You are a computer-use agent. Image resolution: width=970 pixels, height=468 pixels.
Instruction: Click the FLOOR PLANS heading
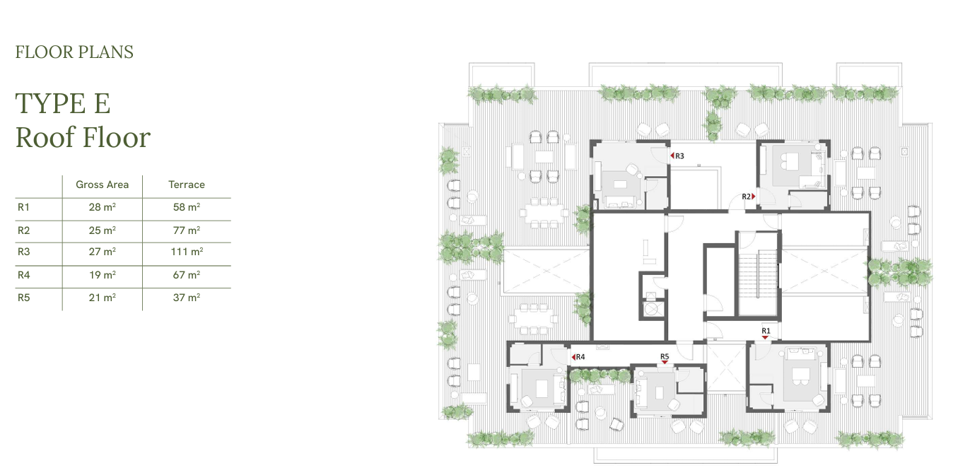pyautogui.click(x=74, y=52)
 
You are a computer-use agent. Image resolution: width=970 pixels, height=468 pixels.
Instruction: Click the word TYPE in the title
pyautogui.click(x=50, y=103)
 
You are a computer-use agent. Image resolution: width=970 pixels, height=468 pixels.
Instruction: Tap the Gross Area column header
pyautogui.click(x=103, y=185)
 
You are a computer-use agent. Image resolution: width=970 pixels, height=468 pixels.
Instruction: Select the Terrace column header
pyautogui.click(x=187, y=185)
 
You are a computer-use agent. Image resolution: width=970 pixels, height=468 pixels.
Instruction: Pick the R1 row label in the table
pyautogui.click(x=23, y=207)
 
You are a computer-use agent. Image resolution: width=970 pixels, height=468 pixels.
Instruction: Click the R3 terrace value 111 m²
pyautogui.click(x=187, y=252)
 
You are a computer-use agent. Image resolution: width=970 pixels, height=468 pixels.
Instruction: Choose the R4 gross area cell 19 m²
pyautogui.click(x=103, y=275)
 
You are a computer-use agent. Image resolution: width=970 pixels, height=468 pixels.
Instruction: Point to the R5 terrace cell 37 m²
pyautogui.click(x=187, y=298)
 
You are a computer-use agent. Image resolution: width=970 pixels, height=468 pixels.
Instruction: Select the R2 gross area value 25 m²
pyautogui.click(x=103, y=230)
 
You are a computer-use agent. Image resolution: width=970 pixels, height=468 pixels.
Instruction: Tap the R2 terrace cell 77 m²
pyautogui.click(x=187, y=230)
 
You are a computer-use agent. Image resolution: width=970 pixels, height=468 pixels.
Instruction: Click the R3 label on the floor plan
pyautogui.click(x=679, y=156)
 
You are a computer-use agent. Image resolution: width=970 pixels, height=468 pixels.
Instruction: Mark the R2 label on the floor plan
pyautogui.click(x=746, y=197)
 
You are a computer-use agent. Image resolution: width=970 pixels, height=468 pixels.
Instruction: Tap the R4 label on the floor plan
pyautogui.click(x=580, y=357)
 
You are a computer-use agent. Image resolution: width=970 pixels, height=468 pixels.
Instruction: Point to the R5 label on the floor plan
pyautogui.click(x=665, y=356)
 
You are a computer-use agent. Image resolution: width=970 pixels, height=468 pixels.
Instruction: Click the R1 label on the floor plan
pyautogui.click(x=766, y=331)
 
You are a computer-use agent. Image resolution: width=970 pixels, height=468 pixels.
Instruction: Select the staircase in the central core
pyautogui.click(x=758, y=274)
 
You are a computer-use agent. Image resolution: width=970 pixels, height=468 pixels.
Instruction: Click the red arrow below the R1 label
pyautogui.click(x=766, y=338)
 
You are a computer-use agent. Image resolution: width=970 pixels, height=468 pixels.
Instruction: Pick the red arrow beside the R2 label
pyautogui.click(x=754, y=197)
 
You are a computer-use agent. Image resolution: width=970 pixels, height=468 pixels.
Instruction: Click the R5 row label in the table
pyautogui.click(x=23, y=298)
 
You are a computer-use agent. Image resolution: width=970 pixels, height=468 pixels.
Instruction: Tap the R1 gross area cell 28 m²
pyautogui.click(x=103, y=207)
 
